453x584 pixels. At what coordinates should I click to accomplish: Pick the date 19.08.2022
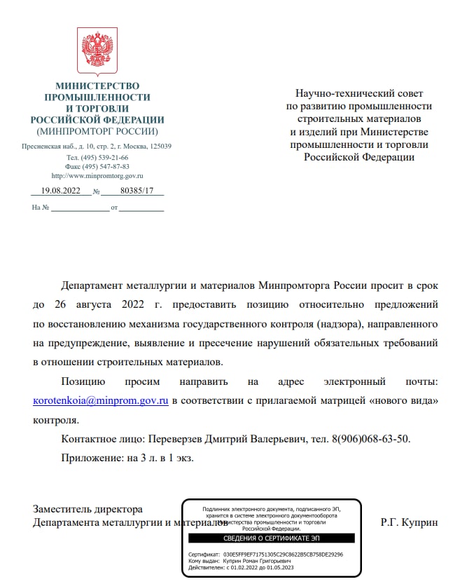point(62,191)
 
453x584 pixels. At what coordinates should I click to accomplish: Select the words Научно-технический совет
point(359,93)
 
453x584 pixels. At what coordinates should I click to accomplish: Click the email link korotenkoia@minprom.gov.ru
point(101,401)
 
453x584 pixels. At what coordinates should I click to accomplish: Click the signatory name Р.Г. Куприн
point(410,522)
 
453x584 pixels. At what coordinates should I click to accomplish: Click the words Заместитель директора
point(88,510)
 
